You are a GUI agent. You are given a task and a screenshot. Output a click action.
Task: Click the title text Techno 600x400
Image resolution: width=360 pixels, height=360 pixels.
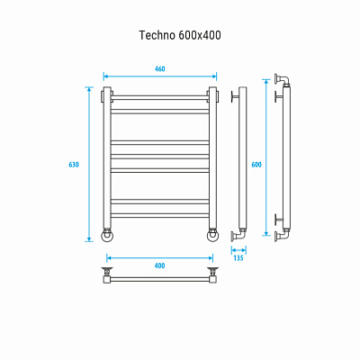[x=180, y=35]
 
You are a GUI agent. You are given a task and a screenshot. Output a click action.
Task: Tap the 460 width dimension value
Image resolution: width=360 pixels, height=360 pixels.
[x=159, y=69]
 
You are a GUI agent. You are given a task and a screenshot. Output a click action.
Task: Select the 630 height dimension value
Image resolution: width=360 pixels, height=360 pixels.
[x=74, y=165]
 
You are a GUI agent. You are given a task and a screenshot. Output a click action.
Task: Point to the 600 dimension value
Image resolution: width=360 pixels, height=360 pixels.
[x=256, y=165]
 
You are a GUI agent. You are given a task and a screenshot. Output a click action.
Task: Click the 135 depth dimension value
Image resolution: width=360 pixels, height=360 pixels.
[x=238, y=258]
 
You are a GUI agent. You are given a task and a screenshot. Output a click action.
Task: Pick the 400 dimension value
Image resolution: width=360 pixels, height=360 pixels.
[x=159, y=265]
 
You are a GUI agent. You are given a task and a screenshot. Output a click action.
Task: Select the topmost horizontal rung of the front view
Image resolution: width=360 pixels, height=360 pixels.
[x=160, y=96]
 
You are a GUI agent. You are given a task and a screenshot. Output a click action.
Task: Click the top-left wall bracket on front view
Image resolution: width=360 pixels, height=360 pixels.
[x=106, y=93]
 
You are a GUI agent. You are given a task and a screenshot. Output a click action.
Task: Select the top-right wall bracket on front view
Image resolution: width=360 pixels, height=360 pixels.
[x=213, y=93]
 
